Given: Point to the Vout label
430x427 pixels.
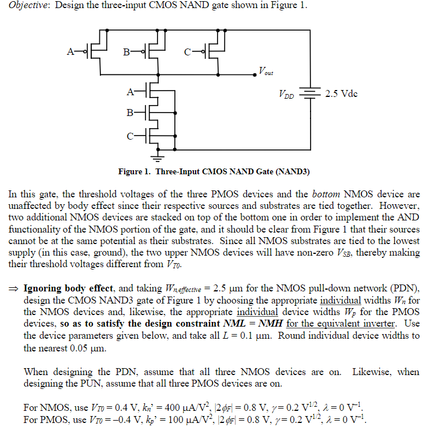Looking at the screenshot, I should (266, 72).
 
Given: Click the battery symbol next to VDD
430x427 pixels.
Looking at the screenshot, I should (311, 93).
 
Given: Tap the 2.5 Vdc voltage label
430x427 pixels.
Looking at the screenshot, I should (342, 93).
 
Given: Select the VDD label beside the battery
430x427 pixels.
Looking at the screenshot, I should (287, 94).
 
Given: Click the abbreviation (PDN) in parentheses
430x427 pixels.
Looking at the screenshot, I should (399, 287).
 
